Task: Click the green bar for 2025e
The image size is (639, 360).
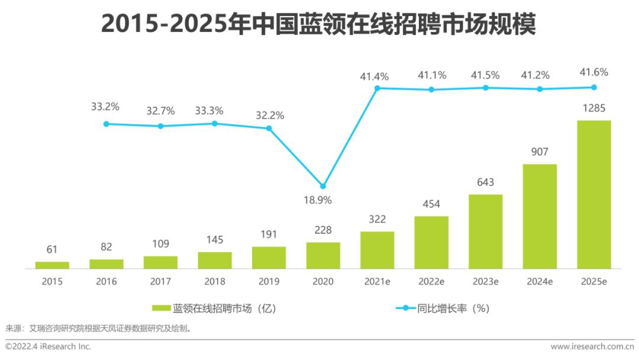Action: pos(593,194)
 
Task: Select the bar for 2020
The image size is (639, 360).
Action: pos(323,255)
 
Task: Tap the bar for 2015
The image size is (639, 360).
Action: pos(52,265)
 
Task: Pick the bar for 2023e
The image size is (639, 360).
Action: pos(485,232)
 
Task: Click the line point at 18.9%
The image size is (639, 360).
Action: pos(323,186)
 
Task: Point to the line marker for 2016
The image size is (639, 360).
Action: pos(106,124)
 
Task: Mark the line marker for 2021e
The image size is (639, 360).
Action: pos(377,88)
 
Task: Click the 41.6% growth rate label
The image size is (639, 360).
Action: pos(593,73)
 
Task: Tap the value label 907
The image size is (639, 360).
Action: pos(540,152)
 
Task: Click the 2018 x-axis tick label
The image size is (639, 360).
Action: pos(215,282)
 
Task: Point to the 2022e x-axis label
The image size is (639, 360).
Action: pos(431,282)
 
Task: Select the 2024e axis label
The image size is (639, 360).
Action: pos(540,282)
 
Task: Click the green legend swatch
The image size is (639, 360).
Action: pos(161,308)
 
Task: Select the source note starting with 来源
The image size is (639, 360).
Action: pos(98,327)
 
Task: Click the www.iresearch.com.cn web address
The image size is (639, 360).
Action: pos(592,346)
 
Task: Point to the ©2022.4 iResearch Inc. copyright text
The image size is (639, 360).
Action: pos(49,346)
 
